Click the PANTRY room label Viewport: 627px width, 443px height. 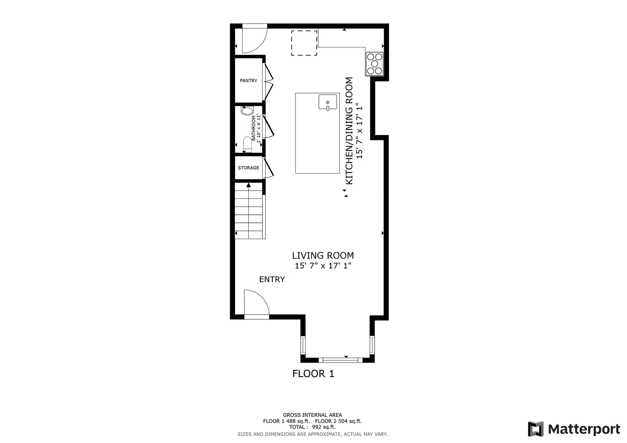(x=248, y=81)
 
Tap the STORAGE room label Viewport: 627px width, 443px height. (x=248, y=168)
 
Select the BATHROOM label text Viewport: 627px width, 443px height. (x=254, y=128)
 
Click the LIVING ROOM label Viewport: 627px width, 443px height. (x=323, y=256)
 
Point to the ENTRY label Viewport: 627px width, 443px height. (x=272, y=280)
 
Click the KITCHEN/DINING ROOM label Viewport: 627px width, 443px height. (x=349, y=131)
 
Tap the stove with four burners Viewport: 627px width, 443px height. (x=374, y=64)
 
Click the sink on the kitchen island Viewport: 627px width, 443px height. (x=328, y=102)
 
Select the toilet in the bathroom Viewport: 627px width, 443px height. (x=247, y=144)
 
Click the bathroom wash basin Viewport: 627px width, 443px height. (x=247, y=111)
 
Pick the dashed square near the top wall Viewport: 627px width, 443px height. (x=304, y=43)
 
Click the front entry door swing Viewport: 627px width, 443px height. (x=256, y=303)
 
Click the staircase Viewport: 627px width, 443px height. (x=250, y=211)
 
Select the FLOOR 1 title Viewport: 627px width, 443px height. (x=313, y=374)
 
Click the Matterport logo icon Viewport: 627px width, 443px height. (x=536, y=429)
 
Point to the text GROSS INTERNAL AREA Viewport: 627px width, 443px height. (x=313, y=415)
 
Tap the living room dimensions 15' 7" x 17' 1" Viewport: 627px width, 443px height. (x=323, y=266)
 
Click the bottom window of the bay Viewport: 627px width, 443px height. (x=341, y=360)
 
